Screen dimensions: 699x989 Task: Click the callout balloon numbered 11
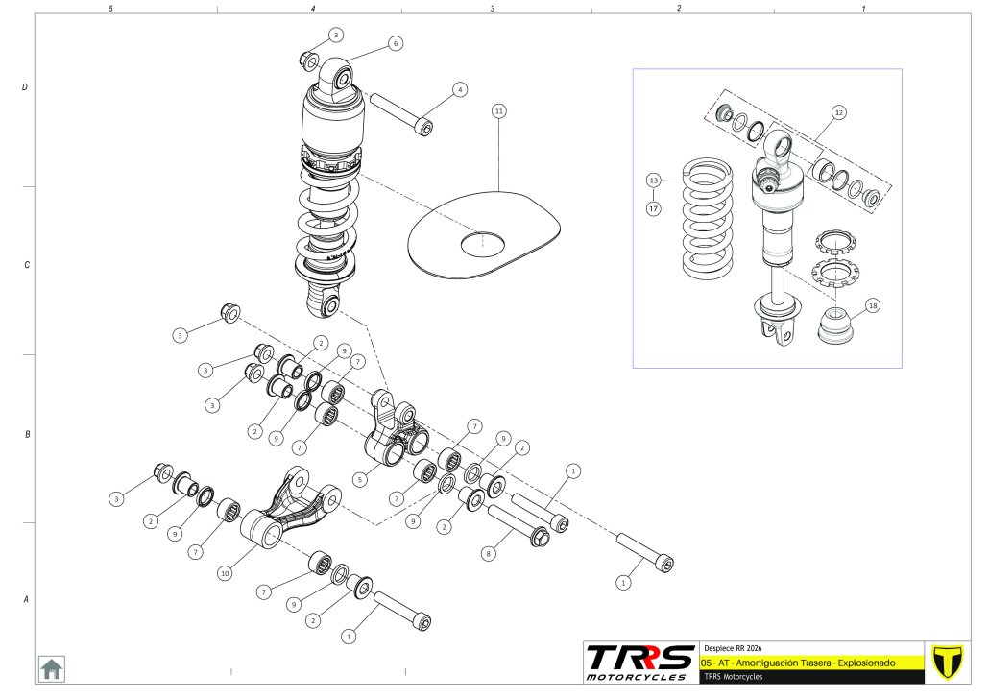[498, 111]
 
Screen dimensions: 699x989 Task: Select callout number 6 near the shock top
[396, 43]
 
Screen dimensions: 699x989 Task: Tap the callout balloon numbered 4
[460, 89]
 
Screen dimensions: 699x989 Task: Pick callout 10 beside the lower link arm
[225, 573]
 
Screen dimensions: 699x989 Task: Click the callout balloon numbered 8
[488, 554]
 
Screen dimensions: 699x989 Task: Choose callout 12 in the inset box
[838, 111]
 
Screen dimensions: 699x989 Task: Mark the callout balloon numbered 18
[872, 305]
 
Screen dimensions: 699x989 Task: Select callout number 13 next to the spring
[653, 180]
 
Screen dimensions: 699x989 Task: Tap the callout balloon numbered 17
[653, 207]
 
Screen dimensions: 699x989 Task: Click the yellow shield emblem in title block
[948, 661]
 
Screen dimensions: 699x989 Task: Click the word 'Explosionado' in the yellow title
[865, 663]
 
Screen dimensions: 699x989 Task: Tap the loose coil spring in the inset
[709, 219]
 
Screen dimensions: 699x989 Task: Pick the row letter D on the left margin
[24, 87]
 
